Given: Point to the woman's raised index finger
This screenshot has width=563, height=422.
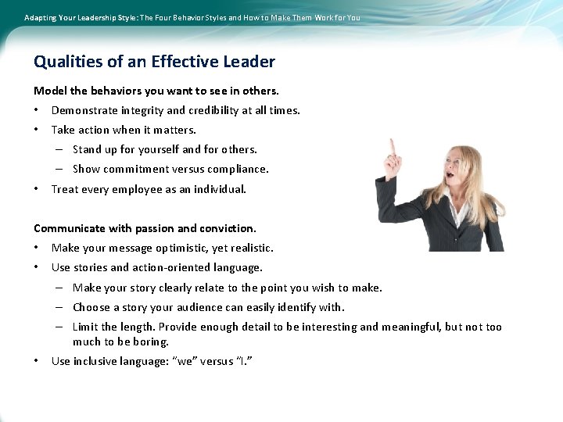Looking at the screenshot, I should [x=393, y=145].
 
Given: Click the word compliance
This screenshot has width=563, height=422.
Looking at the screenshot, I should [x=239, y=169].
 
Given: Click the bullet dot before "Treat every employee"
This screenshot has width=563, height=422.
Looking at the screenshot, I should [x=37, y=189].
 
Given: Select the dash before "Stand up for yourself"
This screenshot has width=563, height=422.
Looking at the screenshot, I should [x=59, y=149].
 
